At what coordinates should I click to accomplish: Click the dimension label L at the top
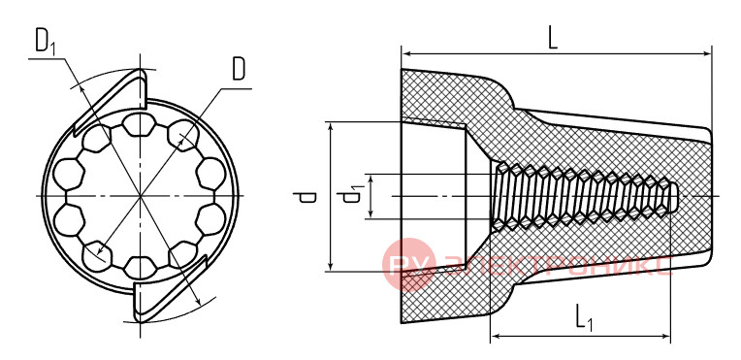553,39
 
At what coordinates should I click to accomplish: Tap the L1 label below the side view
585,317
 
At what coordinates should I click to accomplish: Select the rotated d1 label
353,195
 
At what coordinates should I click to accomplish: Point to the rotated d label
306,197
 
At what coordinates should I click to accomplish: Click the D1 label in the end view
46,42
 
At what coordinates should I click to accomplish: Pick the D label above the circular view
239,70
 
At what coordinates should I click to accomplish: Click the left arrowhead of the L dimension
407,54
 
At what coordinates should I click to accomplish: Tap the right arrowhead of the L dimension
706,54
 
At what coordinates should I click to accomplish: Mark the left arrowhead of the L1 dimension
497,337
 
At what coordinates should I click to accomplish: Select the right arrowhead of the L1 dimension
665,337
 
